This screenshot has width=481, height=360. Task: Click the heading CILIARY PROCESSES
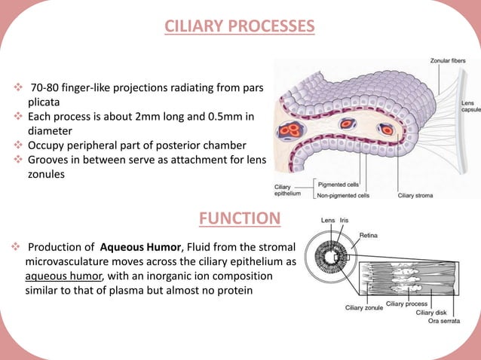tap(240, 28)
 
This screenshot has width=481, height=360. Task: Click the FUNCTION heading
tap(240, 219)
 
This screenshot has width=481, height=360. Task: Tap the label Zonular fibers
tap(448, 60)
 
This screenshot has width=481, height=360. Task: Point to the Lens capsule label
tap(470, 106)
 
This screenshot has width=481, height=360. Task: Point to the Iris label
tap(344, 221)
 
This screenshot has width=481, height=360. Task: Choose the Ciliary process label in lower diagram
tap(406, 304)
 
